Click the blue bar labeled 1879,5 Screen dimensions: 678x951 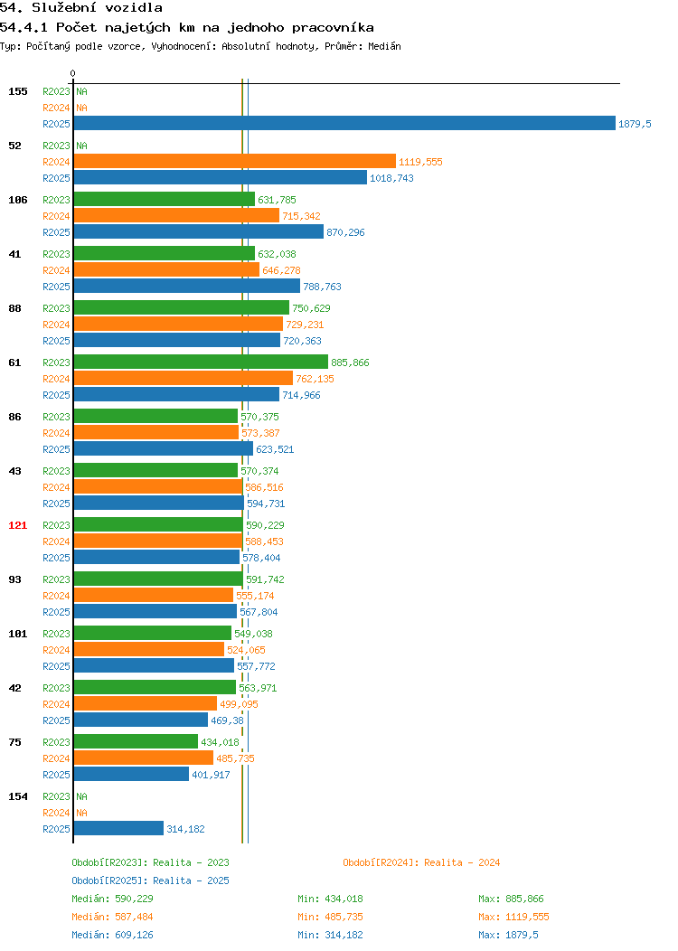coord(344,123)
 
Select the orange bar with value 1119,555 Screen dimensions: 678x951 coord(235,161)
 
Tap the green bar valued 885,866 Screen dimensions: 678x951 coord(201,363)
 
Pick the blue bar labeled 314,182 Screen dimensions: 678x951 coord(118,828)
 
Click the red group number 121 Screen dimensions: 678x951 coord(17,525)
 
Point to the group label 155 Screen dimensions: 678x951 coord(17,91)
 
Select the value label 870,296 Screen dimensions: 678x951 coord(345,232)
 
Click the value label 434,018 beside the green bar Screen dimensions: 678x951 coord(221,742)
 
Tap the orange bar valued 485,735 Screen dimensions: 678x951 coord(144,758)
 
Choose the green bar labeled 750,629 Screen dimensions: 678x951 coord(182,307)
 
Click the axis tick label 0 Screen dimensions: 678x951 coord(73,73)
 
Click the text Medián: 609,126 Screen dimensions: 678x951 coord(112,935)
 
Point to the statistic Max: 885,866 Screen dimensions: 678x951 coord(511,899)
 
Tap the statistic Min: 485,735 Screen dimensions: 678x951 coord(330,917)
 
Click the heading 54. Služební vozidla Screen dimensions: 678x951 coord(81,8)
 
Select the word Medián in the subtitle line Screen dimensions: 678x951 coord(384,46)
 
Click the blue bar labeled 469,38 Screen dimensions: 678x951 coord(141,720)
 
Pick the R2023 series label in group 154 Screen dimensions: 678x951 coord(56,796)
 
